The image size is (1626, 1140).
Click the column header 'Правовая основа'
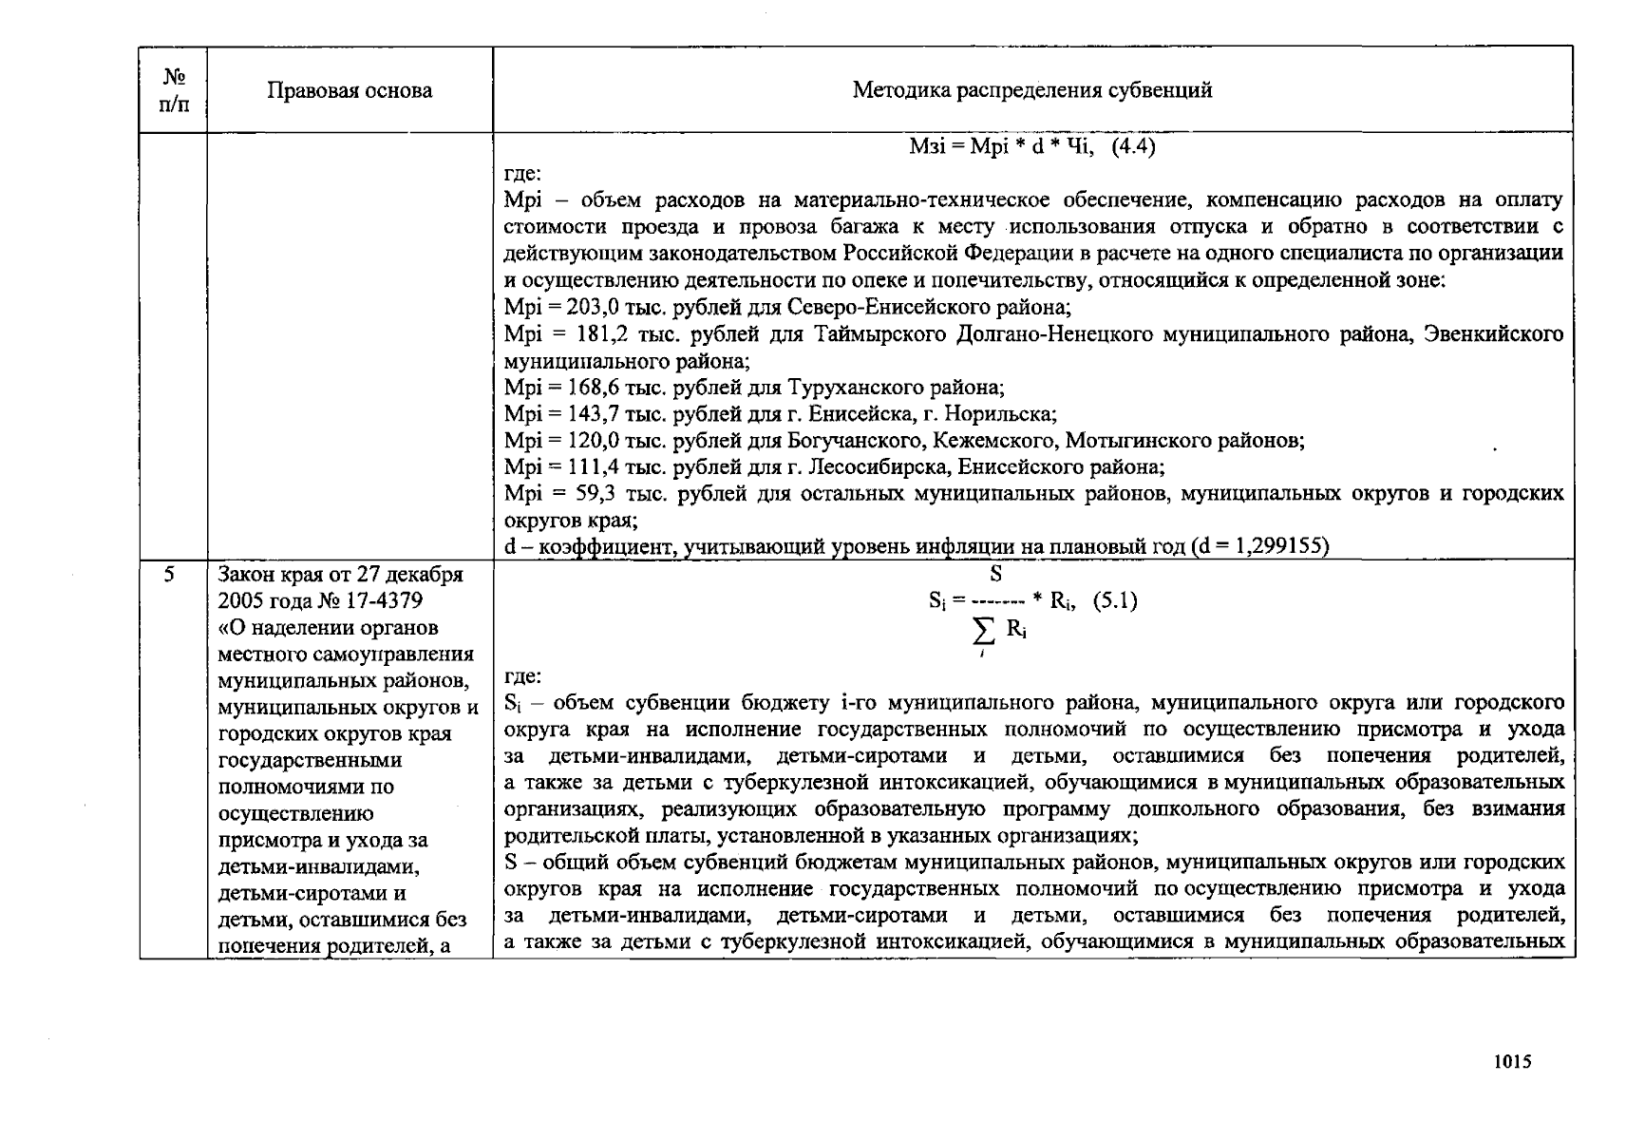pos(349,90)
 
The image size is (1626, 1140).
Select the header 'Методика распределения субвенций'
pos(1031,90)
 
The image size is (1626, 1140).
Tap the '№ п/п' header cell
pos(173,90)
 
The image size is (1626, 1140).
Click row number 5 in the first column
pos(169,575)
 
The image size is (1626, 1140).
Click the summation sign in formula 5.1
pos(985,631)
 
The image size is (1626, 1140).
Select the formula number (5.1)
pos(1114,600)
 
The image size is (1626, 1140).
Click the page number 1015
pos(1511,1062)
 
